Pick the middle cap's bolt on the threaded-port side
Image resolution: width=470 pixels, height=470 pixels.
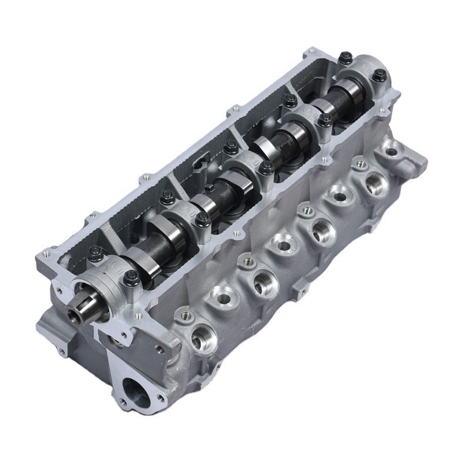(x=266, y=169)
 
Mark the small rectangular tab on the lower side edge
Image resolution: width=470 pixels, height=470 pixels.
(x=300, y=288)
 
